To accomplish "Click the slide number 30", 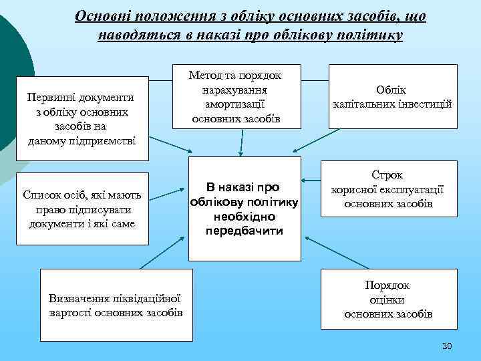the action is pos(447,346).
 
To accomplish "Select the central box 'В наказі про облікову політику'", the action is pos(245,209).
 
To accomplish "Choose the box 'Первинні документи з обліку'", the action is pos(81,118).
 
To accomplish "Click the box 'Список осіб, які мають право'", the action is pos(81,208).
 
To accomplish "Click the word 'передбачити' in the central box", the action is pos(245,231).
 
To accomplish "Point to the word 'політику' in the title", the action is pos(372,35).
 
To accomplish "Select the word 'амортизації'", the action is pos(237,105).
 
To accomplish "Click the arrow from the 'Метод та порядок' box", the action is pos(240,142).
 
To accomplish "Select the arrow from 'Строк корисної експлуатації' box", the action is pos(311,180).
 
